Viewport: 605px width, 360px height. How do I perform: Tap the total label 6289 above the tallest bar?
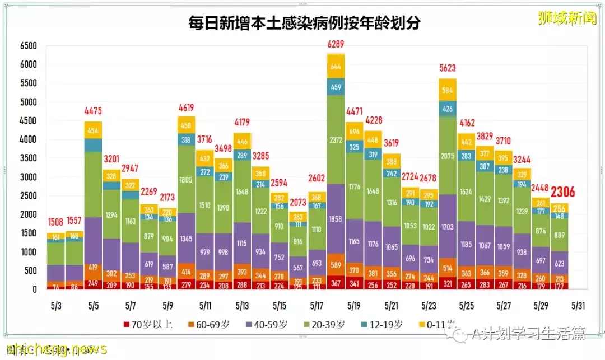pos(336,44)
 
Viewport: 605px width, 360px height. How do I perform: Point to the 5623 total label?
pos(448,69)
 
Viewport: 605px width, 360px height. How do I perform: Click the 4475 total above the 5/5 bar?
pos(93,110)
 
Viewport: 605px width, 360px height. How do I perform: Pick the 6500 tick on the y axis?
pos(27,46)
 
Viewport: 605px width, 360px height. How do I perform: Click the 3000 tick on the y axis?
pos(27,177)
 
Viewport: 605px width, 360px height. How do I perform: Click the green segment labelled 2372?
pos(336,139)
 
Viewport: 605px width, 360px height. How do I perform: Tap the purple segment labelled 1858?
pos(336,218)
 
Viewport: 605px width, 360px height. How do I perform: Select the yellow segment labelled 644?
pos(336,67)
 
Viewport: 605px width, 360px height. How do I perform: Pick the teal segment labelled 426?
pos(448,109)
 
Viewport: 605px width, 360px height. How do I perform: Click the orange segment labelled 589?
pos(336,265)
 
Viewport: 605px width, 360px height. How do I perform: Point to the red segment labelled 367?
pos(336,283)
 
